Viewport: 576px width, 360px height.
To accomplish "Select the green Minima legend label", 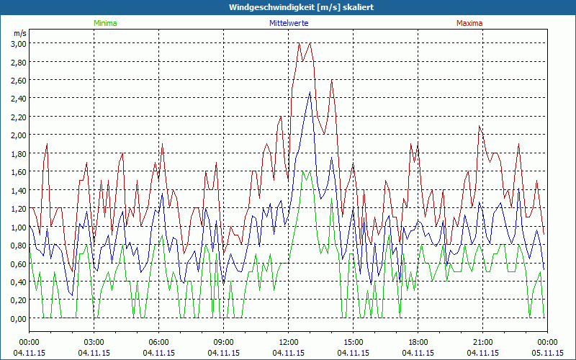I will (104, 23).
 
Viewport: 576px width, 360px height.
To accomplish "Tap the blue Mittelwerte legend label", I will (289, 23).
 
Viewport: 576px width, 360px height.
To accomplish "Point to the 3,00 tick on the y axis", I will (18, 43).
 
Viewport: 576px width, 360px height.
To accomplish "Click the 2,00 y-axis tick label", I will (18, 135).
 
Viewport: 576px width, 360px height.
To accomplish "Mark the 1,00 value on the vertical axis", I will (18, 228).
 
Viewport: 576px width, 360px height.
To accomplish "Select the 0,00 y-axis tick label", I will (18, 319).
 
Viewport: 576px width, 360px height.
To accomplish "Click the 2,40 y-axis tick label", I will (18, 99).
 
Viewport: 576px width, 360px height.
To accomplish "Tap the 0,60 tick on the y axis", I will (18, 264).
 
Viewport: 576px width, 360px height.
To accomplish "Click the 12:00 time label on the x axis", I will (288, 342).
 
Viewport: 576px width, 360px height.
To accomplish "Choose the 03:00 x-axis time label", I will (94, 342).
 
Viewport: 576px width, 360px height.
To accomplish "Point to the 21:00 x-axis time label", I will (482, 342).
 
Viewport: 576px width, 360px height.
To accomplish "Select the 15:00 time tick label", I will (353, 342).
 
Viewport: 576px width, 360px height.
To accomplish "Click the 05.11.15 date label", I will (547, 353).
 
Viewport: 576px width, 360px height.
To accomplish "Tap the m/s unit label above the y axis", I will (19, 33).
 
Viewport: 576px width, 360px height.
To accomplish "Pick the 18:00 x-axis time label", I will (418, 342).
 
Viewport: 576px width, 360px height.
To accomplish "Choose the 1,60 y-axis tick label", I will (18, 172).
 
